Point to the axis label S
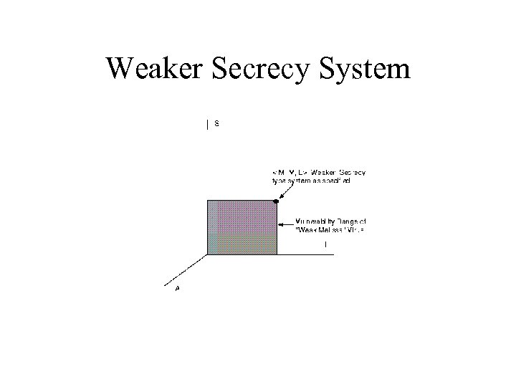click(216, 123)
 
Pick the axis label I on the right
click(326, 245)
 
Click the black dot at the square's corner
click(276, 201)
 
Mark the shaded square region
click(242, 227)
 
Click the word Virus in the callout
click(356, 229)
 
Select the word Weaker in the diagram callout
click(323, 173)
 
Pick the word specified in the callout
click(335, 182)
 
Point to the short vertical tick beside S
click(208, 125)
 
